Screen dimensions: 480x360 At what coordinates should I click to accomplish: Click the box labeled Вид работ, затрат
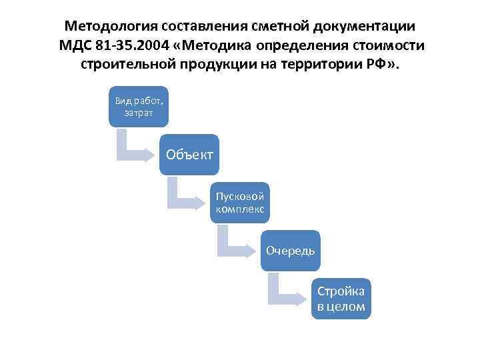[138, 106]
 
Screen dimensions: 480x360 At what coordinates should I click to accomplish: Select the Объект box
[189, 155]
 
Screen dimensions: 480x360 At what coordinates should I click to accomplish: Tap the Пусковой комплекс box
[239, 202]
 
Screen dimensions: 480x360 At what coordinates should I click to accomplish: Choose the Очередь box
[290, 250]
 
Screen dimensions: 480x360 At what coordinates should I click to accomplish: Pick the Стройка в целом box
[341, 298]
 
